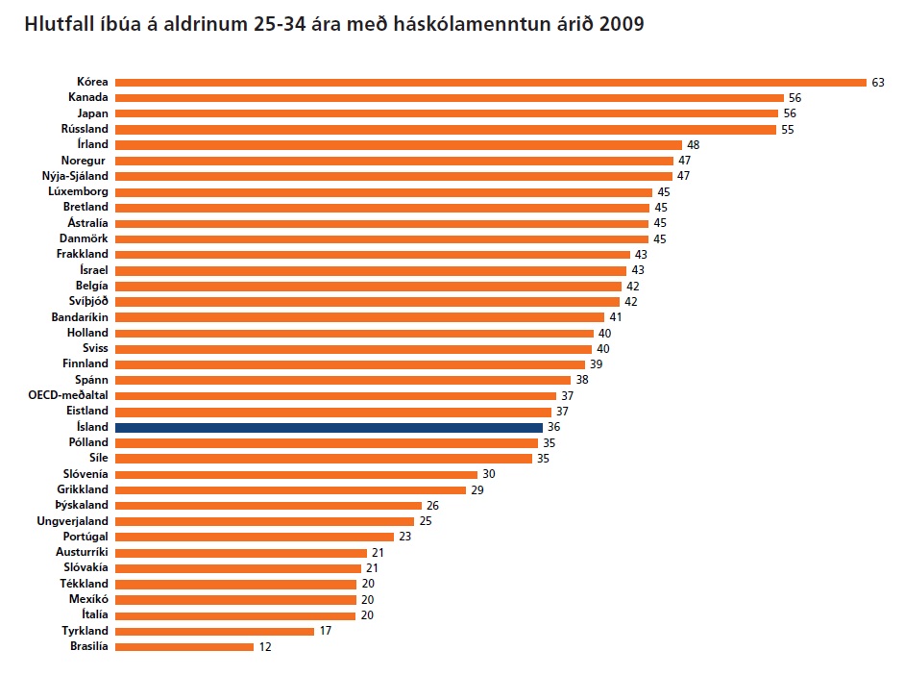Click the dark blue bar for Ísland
(329, 427)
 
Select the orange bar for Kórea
(490, 82)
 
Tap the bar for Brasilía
(183, 647)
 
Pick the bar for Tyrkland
(214, 631)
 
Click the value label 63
(877, 82)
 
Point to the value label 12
(265, 647)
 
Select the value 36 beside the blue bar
(553, 427)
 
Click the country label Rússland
(85, 129)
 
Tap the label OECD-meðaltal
(68, 395)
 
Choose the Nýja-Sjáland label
(76, 176)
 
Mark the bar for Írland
(398, 144)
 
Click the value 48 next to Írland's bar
(693, 144)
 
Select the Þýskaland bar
(268, 505)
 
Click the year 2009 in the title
(621, 24)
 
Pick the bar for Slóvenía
(296, 474)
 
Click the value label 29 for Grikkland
(477, 489)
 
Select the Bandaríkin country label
(80, 316)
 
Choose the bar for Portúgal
(254, 537)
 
